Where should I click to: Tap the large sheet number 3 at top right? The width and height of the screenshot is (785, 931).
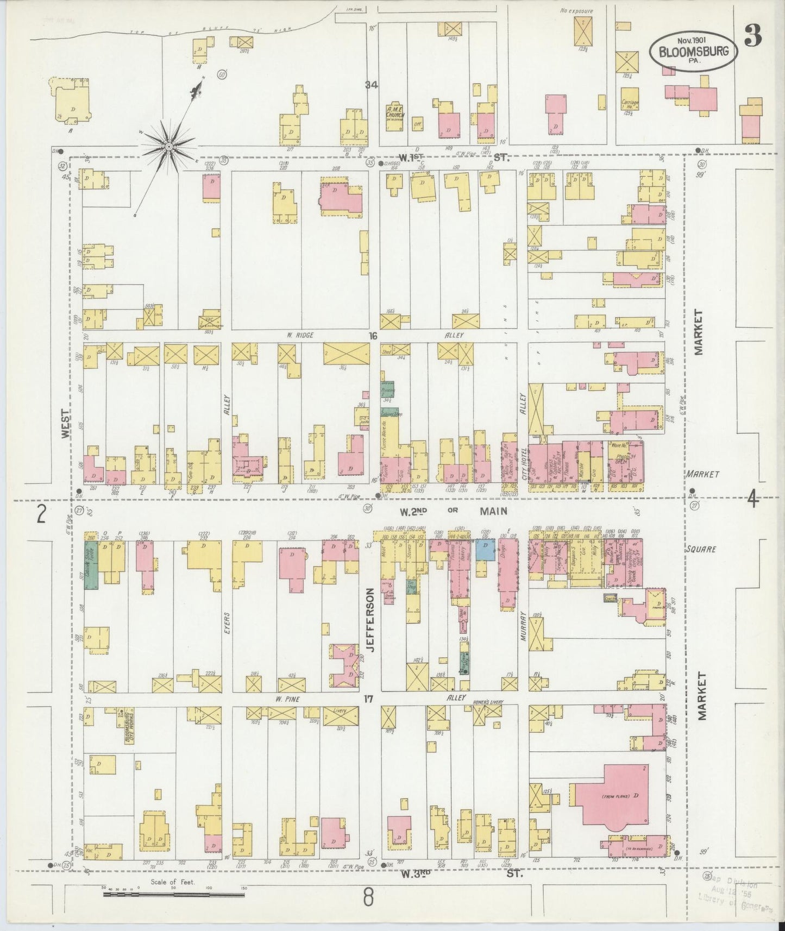click(753, 35)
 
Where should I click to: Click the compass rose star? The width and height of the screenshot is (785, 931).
click(169, 147)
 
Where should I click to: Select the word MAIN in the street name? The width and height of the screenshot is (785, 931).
click(493, 511)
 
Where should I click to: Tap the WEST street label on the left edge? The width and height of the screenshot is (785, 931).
click(65, 424)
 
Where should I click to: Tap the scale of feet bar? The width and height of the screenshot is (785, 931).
click(174, 893)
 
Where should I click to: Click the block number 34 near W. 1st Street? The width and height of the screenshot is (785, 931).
click(371, 85)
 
